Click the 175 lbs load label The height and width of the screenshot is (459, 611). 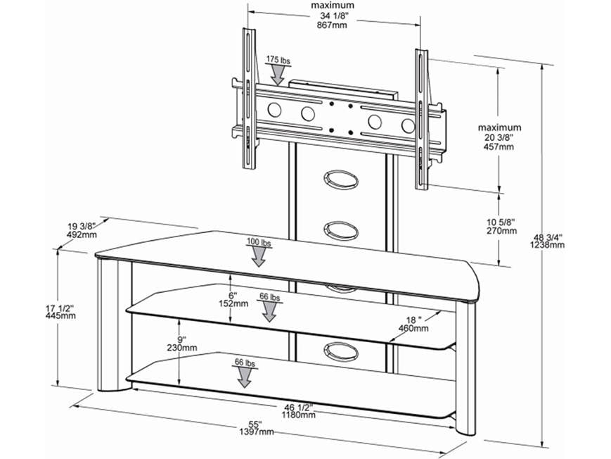(278, 61)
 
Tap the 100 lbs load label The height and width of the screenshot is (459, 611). (259, 242)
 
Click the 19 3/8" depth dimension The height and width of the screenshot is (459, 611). (83, 226)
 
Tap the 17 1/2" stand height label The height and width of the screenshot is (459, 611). (59, 307)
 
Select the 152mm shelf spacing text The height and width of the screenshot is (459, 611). (233, 304)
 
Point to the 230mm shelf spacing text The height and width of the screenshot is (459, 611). (183, 348)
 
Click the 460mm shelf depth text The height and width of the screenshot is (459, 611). (413, 327)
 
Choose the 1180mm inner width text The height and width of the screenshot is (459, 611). (299, 415)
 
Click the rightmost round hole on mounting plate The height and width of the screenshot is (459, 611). (408, 125)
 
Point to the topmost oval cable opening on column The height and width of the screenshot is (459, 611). (340, 179)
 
